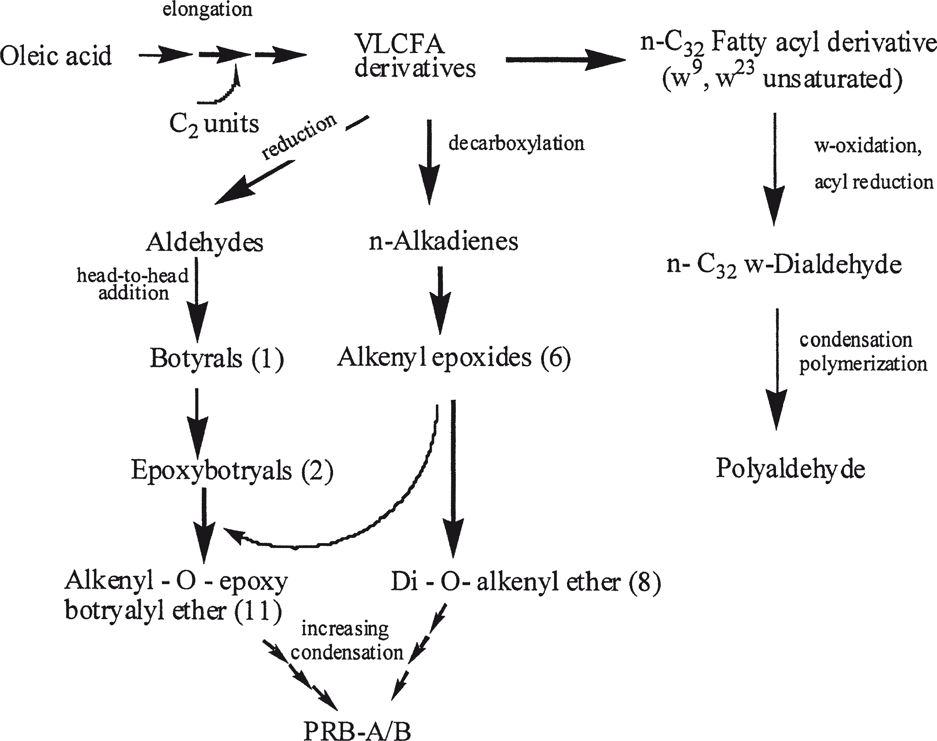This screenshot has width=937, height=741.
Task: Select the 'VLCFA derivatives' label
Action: click(x=415, y=56)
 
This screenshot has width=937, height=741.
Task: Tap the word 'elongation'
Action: click(x=207, y=9)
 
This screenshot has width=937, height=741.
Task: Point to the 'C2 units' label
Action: click(x=214, y=124)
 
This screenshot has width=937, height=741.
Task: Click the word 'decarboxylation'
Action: click(x=516, y=143)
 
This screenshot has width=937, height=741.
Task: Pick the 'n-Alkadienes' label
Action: click(x=443, y=241)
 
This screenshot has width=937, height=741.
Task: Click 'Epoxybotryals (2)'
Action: click(x=232, y=470)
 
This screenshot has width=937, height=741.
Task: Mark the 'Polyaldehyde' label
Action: click(x=790, y=469)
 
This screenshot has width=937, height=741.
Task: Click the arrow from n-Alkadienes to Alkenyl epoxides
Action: click(x=440, y=299)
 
